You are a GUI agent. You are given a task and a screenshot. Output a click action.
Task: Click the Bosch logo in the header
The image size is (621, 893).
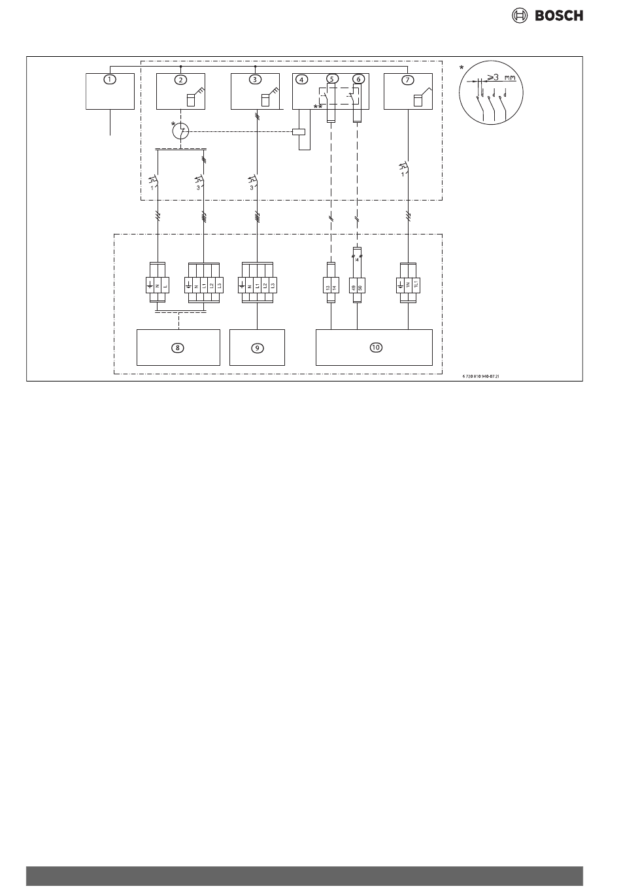click(x=548, y=16)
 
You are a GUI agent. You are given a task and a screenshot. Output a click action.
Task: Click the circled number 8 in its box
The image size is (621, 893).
click(x=178, y=348)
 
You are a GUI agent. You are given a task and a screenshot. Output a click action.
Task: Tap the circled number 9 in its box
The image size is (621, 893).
click(x=258, y=348)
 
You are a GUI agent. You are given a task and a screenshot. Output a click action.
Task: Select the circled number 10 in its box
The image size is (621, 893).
click(x=375, y=348)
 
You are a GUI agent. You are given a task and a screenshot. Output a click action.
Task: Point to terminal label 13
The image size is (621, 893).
click(x=328, y=286)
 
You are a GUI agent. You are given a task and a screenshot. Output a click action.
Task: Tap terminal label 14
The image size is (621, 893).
click(x=335, y=286)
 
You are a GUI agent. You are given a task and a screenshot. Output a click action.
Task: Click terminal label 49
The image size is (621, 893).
click(x=354, y=286)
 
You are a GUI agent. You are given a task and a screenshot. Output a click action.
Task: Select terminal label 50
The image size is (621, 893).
click(x=360, y=286)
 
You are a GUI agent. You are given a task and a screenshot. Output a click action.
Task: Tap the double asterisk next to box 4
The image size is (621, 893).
click(x=318, y=106)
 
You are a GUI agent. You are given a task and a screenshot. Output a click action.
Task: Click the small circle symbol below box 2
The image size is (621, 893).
click(x=181, y=132)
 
